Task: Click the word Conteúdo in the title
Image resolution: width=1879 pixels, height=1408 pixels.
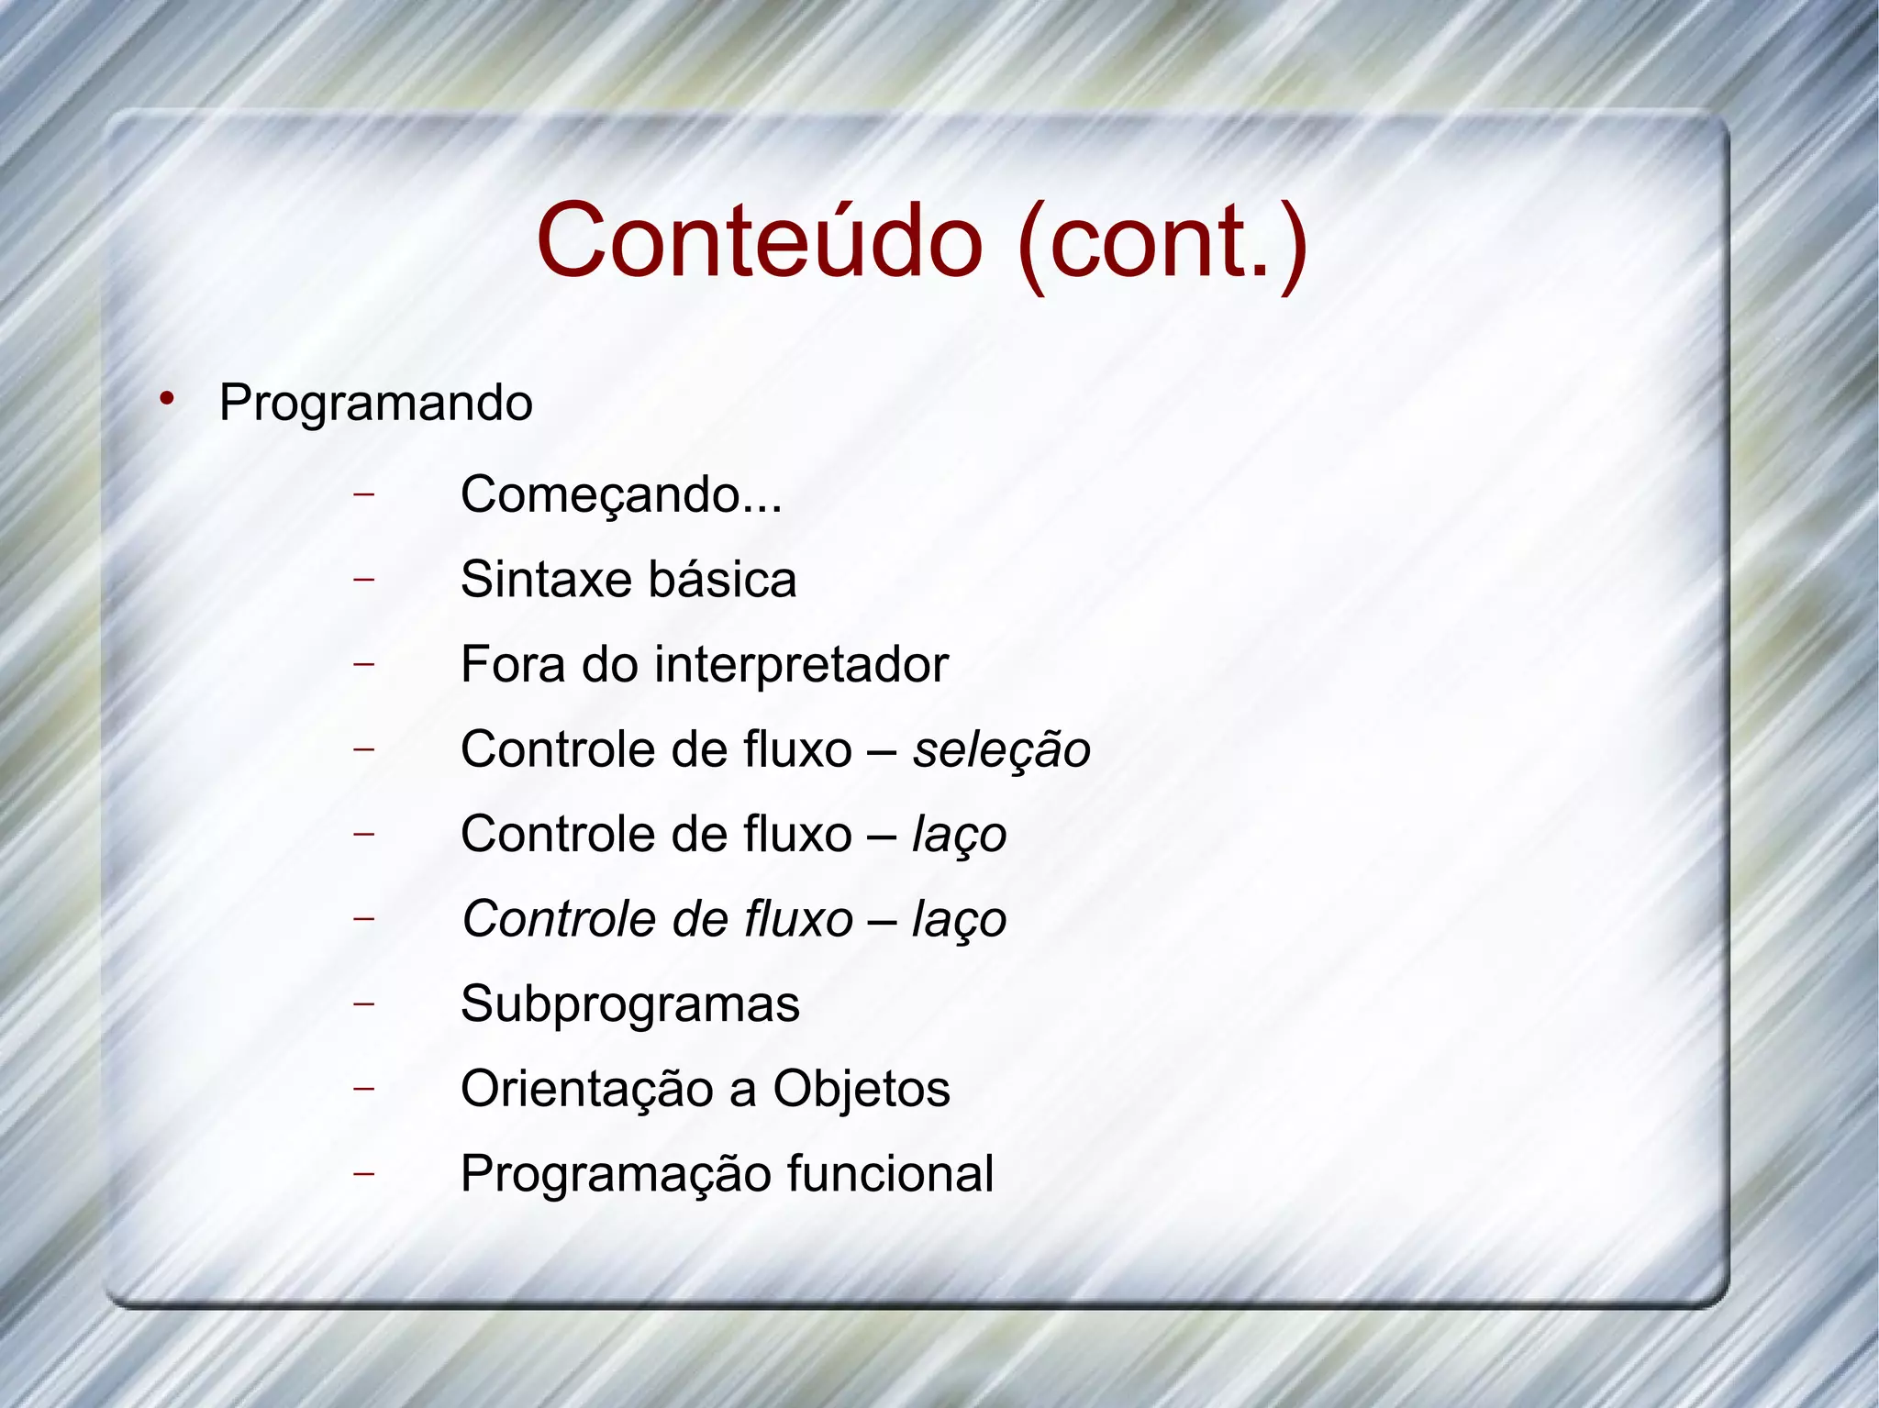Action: [x=760, y=241]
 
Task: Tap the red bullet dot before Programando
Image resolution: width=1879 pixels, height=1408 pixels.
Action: [x=166, y=399]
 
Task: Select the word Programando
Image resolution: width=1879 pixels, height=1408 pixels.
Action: [x=375, y=404]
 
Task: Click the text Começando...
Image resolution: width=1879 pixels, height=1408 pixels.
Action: [x=600, y=495]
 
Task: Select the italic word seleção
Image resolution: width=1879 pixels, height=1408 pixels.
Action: [x=1000, y=750]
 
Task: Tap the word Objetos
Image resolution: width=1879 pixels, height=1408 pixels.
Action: [x=861, y=1090]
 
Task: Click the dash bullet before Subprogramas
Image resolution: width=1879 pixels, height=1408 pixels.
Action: [x=364, y=1003]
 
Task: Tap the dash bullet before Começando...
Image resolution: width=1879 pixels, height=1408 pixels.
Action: [x=364, y=494]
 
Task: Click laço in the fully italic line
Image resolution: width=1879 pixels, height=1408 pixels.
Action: [x=959, y=920]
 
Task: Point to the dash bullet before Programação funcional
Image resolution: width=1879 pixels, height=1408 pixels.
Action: [x=364, y=1173]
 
